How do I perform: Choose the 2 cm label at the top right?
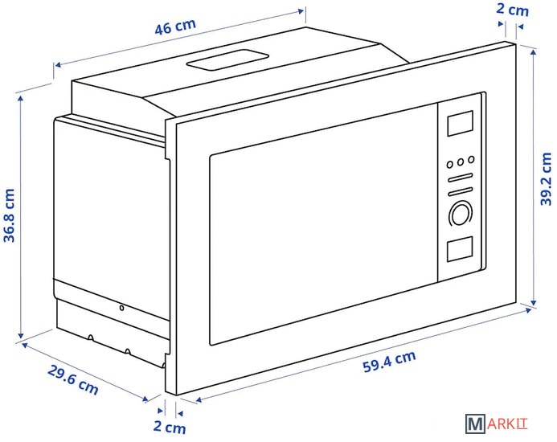[x=512, y=10]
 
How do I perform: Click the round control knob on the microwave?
[x=461, y=213]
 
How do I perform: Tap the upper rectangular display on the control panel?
[x=459, y=124]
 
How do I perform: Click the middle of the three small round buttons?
[x=461, y=162]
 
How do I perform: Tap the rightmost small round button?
[x=472, y=159]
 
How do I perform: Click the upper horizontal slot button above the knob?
[x=461, y=178]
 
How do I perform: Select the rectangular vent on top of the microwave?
[x=227, y=60]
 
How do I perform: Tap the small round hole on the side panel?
[x=121, y=308]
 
